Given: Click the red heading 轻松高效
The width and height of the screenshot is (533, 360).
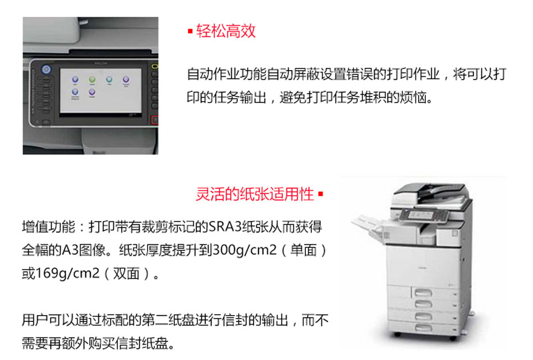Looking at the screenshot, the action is click(x=226, y=31).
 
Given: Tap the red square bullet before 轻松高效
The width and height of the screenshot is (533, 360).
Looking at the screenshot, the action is click(x=190, y=31).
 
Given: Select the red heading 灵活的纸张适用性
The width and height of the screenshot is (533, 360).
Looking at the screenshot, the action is click(x=255, y=194).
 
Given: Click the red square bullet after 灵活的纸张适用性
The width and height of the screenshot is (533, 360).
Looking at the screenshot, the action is click(x=320, y=194).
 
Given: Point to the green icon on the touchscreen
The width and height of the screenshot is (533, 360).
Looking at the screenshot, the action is click(x=92, y=80).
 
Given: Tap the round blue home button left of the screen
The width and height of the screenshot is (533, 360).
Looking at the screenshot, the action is click(x=46, y=70).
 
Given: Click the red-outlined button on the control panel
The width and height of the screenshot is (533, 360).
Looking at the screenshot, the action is click(x=155, y=120).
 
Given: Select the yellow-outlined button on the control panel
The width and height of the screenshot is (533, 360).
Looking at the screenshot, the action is click(x=155, y=66).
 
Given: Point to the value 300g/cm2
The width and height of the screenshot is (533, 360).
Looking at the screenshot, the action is click(x=245, y=250).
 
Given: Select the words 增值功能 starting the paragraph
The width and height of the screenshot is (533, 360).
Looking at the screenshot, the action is click(x=48, y=227).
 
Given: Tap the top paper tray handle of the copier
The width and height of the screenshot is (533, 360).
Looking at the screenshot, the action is click(x=423, y=292).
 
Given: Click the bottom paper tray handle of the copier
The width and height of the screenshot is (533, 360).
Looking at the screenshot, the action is click(x=423, y=327).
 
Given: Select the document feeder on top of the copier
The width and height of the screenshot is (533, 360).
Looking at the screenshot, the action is click(x=431, y=193).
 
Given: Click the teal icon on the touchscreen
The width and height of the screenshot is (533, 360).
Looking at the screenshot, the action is click(x=109, y=80).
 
